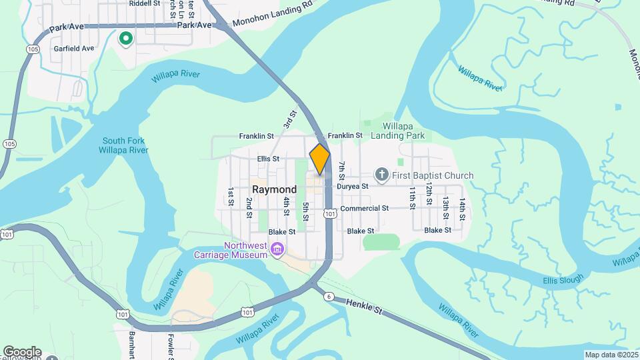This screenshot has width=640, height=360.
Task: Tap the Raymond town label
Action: (274, 189)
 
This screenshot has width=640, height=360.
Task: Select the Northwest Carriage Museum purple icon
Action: (278, 251)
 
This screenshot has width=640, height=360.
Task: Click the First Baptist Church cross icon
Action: (382, 175)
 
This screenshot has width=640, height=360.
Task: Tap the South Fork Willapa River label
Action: (125, 145)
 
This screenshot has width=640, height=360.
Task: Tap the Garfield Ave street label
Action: (74, 49)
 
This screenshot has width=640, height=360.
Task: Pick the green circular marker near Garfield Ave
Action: (125, 39)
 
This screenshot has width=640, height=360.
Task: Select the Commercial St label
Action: (364, 209)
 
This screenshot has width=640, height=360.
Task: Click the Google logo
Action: (22, 352)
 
